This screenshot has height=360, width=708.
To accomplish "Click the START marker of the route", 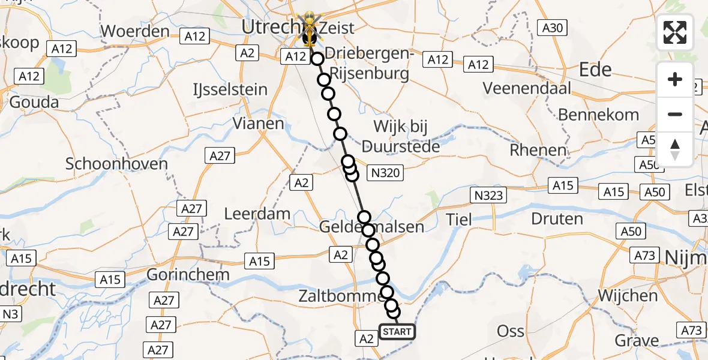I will tap(397, 332).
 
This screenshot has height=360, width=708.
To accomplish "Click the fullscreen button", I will tap(675, 32).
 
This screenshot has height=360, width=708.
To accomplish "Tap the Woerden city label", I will tap(135, 31).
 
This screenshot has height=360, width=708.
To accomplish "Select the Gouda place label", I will tap(34, 102).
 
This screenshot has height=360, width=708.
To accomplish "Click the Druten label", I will tap(557, 218).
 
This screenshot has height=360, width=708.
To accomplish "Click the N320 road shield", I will tap(386, 173).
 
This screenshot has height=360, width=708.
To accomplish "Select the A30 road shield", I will tap(553, 27).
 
